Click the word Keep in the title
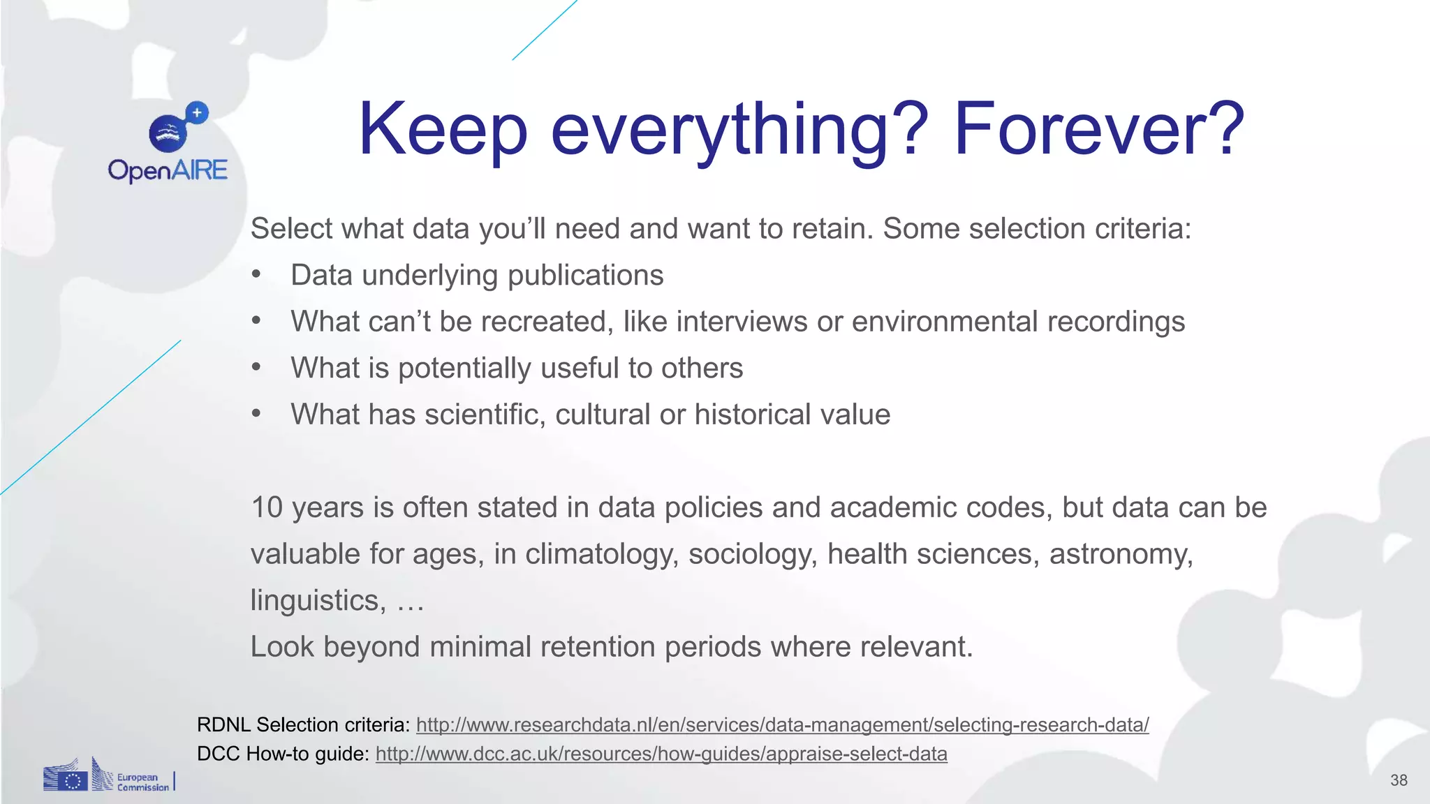tap(443, 130)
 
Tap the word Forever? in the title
tap(1099, 130)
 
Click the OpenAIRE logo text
tap(168, 170)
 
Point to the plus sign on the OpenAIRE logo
tap(198, 112)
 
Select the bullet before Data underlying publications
tap(256, 275)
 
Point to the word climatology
tap(601, 554)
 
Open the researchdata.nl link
tap(782, 725)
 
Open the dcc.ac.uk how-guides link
tap(661, 754)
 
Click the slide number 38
tap(1399, 780)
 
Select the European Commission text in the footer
tap(142, 782)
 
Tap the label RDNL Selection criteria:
tap(304, 725)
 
